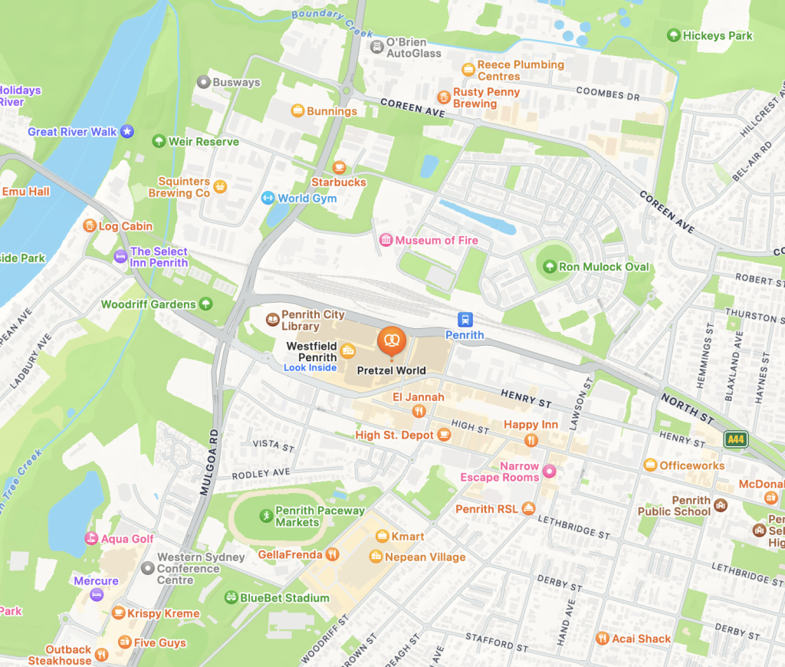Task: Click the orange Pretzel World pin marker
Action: click(391, 340)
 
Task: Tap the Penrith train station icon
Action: click(465, 320)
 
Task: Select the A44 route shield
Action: click(736, 439)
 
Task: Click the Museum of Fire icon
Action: click(386, 241)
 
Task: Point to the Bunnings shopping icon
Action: click(297, 111)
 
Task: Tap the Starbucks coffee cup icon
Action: click(339, 167)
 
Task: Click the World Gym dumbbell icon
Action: click(268, 199)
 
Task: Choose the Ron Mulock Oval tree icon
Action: click(549, 267)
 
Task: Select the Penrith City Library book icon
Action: click(271, 320)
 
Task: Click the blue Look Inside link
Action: click(310, 368)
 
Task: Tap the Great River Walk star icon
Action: click(127, 132)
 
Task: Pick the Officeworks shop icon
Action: click(650, 465)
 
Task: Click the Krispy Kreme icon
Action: click(118, 613)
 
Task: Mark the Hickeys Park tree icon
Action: click(673, 35)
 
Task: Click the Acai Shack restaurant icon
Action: click(603, 639)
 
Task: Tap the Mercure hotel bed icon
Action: click(96, 595)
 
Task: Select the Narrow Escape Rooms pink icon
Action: click(549, 472)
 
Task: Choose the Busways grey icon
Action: click(203, 82)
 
